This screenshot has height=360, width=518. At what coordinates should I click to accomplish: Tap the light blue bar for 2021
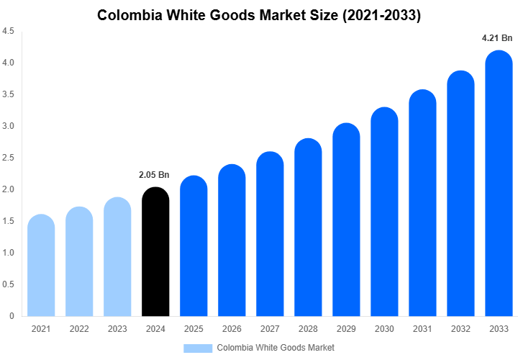point(41,266)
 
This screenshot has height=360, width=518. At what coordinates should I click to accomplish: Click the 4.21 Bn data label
point(496,37)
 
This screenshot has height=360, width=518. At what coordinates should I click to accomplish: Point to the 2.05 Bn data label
point(154,174)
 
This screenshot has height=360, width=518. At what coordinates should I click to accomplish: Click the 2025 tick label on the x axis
point(194,329)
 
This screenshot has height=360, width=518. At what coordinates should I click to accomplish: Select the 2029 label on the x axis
point(346,329)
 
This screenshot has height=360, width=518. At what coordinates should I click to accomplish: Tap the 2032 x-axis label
point(460,329)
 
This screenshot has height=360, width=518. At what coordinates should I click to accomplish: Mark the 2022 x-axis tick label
point(79,329)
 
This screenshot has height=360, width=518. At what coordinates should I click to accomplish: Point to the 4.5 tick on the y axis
point(9,32)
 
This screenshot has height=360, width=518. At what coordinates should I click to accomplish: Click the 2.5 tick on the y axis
point(9,158)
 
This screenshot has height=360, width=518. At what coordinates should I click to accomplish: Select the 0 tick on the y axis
point(13,316)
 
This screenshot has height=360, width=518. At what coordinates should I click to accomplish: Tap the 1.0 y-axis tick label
point(9,253)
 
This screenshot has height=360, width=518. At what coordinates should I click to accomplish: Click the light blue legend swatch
point(197,348)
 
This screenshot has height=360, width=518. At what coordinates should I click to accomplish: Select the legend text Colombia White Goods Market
point(276,348)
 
